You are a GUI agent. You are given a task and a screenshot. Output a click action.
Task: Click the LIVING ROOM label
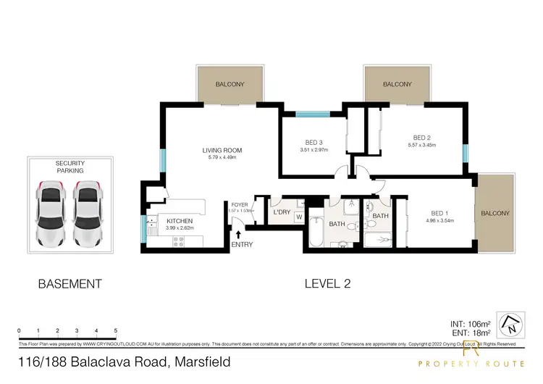click(x=222, y=151)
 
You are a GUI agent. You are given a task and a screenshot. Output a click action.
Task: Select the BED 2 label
click(x=422, y=138)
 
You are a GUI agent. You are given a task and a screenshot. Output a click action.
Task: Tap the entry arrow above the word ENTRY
click(x=238, y=233)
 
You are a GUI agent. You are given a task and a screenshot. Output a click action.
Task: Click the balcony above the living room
click(x=230, y=85)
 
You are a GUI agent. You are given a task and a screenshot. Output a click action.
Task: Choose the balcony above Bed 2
click(x=397, y=84)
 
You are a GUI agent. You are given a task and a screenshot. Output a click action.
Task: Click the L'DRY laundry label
click(x=282, y=212)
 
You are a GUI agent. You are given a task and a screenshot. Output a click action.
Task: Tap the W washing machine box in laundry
click(x=298, y=216)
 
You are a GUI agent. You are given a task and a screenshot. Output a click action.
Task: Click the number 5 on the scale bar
click(x=116, y=331)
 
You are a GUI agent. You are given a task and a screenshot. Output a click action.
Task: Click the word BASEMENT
click(x=70, y=284)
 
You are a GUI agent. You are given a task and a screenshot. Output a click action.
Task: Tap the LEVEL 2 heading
click(x=327, y=284)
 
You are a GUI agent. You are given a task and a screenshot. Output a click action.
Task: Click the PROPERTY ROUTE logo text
click(x=471, y=363)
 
